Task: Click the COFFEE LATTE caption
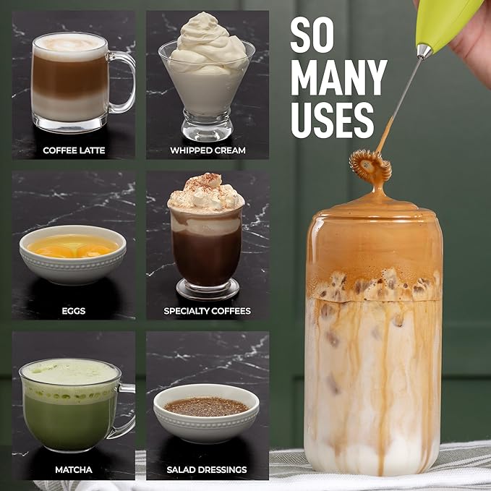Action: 74,150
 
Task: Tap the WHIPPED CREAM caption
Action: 208,150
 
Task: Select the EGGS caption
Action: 74,311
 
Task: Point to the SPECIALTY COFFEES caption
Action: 208,311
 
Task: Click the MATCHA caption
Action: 74,470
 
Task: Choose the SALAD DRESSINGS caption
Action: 207,470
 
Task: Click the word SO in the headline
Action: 313,35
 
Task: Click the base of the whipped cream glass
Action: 207,132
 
